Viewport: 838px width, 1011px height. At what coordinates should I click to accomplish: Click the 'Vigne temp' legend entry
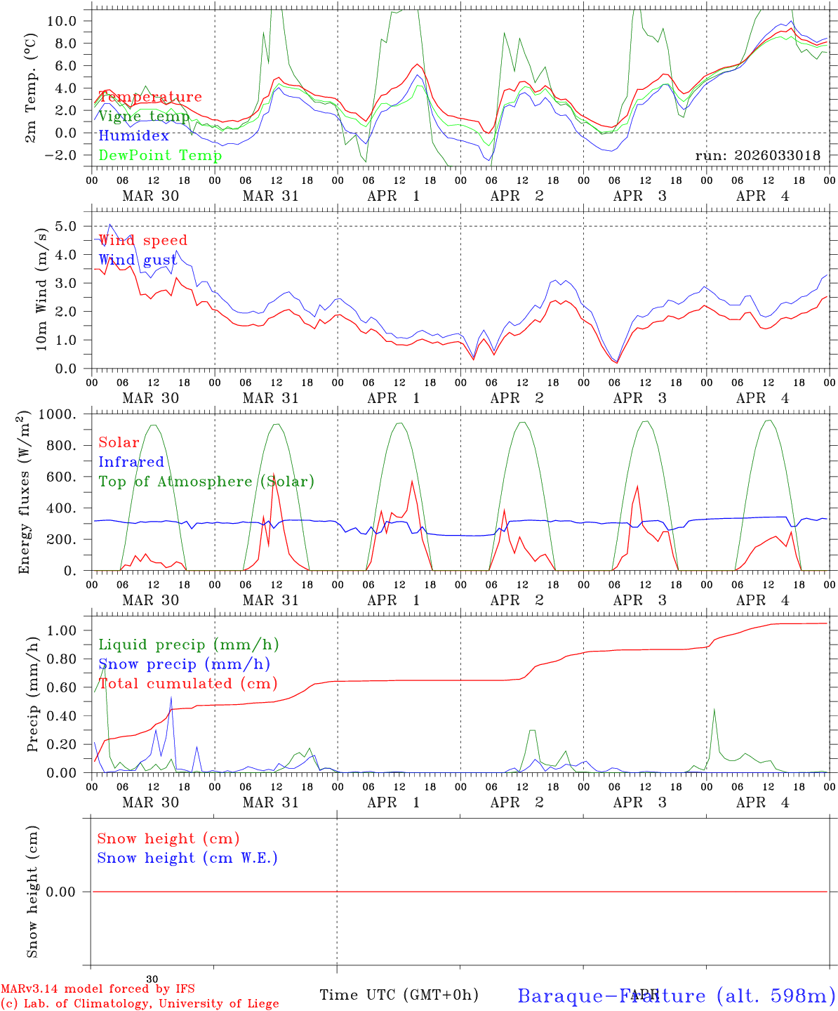click(144, 117)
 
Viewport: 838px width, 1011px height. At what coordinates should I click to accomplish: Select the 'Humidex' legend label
click(134, 136)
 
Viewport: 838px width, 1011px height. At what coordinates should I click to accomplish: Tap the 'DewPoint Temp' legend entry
click(160, 155)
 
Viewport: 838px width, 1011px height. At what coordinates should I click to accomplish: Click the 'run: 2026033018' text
click(757, 156)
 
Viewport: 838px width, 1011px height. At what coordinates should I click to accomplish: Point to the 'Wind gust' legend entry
click(138, 260)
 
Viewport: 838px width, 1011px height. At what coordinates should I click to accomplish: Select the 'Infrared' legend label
click(131, 462)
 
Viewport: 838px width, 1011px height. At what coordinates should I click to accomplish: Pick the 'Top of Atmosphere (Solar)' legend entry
click(206, 482)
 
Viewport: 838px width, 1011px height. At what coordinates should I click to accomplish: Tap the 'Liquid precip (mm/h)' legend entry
click(188, 645)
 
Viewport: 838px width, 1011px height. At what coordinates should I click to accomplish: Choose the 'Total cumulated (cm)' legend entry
click(188, 683)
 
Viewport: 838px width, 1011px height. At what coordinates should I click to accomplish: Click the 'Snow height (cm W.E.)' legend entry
click(187, 858)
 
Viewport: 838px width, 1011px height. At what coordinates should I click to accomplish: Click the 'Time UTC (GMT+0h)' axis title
click(399, 995)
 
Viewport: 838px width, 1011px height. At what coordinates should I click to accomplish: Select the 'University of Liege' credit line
click(140, 1004)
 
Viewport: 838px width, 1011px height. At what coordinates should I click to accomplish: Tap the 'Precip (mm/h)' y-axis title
click(32, 695)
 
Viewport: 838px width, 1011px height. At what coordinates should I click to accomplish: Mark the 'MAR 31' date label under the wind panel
click(270, 398)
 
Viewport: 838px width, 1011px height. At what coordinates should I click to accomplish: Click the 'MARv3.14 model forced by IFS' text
click(98, 989)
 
